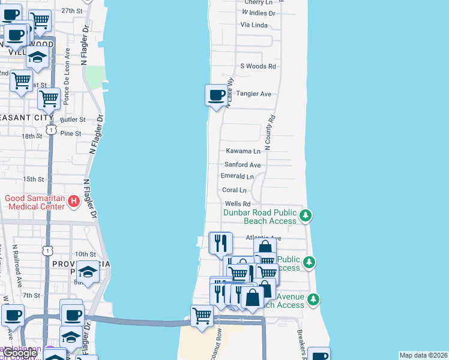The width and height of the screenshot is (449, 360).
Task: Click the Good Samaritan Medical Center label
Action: [35, 202]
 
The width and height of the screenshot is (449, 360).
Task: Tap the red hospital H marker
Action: [73, 200]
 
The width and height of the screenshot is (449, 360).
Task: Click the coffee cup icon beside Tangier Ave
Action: [216, 95]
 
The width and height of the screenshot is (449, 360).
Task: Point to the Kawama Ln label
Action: [243, 151]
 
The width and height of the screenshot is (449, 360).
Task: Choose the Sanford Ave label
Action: [243, 164]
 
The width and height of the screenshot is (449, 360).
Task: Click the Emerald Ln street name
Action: [238, 176]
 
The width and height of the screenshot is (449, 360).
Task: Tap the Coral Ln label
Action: [234, 190]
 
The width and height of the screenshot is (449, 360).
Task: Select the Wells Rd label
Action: [237, 204]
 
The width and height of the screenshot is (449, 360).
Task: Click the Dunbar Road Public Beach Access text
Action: [260, 217]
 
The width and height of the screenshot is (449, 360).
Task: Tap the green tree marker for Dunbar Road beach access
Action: [306, 215]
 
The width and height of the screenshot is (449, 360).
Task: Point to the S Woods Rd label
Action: [258, 67]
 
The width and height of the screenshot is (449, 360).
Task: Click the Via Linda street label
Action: [253, 25]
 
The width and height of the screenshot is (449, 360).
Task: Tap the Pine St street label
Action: [70, 133]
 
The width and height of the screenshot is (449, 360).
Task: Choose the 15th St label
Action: [34, 179]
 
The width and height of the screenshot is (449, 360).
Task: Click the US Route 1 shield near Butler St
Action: [52, 130]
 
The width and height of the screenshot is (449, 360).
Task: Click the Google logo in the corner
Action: [20, 353]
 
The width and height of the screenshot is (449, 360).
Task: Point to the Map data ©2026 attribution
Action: [423, 355]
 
